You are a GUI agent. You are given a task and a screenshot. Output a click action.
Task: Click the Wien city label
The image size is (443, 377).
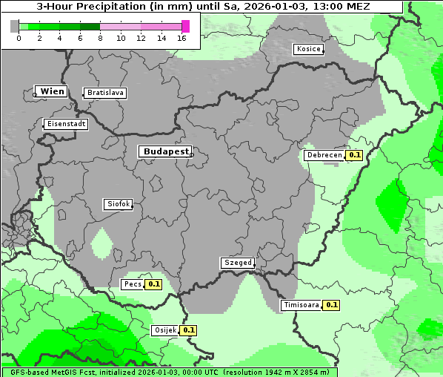pos(52,91)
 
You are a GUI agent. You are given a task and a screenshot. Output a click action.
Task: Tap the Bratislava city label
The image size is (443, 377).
pos(104,93)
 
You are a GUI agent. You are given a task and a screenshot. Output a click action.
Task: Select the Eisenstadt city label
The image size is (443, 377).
pos(66,124)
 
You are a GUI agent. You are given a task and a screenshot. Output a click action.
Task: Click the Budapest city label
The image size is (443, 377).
pos(165,151)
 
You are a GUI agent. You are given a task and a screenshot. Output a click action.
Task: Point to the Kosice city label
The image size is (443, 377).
pos(308,49)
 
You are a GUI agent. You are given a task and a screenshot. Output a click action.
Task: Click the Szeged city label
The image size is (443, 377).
pos(238,263)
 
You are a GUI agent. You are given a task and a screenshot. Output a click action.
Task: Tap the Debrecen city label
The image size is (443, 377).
pos(324,155)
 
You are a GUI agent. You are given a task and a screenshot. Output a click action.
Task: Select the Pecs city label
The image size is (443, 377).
pos(133,283)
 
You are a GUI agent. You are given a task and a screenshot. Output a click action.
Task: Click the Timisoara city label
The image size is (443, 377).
pos(301,304)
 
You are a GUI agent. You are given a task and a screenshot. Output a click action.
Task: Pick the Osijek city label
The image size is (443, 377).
pos(164,330)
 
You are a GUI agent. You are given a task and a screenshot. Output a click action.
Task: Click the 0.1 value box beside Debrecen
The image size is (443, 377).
pos(354,155)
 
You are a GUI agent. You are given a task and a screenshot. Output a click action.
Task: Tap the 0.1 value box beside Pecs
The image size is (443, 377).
pos(153,283)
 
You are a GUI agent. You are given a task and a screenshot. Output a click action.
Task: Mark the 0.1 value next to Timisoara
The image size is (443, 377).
pos(330,304)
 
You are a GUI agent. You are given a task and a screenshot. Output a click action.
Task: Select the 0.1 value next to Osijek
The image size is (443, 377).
pos(188,330)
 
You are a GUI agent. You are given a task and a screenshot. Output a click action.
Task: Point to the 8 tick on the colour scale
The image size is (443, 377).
pos(100,38)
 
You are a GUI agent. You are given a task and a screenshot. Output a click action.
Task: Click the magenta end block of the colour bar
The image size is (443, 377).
pos(185,26)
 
